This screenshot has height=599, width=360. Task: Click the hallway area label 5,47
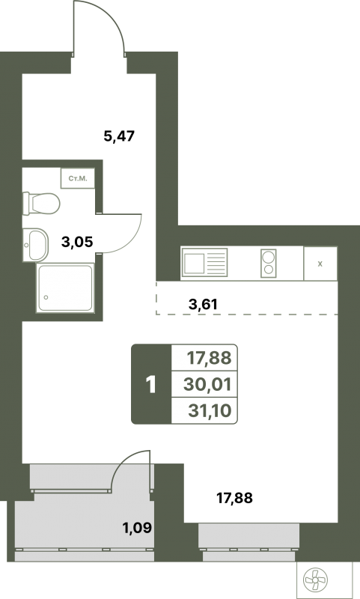click(119, 136)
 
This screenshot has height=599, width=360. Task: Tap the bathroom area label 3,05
click(78, 241)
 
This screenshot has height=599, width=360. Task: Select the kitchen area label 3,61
click(203, 304)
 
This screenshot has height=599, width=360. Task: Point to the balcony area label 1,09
click(137, 528)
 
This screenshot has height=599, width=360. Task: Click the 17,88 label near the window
click(234, 498)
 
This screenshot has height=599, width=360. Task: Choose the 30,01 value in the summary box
click(207, 384)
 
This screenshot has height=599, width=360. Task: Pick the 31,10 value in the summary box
click(210, 410)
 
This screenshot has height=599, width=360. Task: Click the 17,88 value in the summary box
click(209, 359)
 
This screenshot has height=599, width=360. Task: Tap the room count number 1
click(151, 385)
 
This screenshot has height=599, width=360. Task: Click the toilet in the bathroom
click(41, 203)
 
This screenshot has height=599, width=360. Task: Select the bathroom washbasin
click(35, 245)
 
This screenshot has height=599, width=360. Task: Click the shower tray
click(65, 288)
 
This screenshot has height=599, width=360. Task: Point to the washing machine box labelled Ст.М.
click(78, 178)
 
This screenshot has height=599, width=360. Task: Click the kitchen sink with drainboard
click(204, 263)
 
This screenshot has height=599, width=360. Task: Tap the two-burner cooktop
click(269, 264)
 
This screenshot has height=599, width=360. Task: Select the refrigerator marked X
click(320, 264)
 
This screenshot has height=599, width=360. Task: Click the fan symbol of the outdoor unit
click(315, 580)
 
